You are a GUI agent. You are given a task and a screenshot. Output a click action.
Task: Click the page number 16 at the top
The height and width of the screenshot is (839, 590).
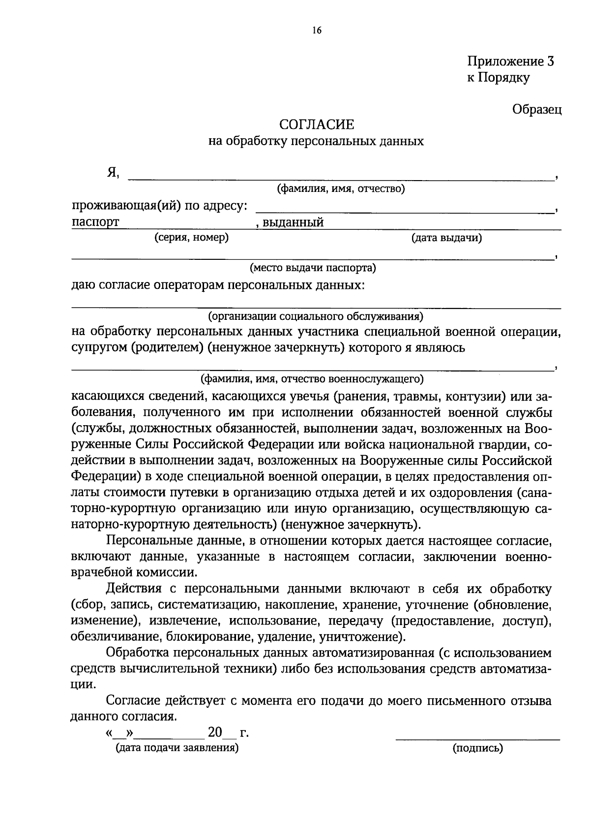click(316, 31)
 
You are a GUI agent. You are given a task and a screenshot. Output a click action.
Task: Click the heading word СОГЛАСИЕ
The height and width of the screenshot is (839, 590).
click(316, 124)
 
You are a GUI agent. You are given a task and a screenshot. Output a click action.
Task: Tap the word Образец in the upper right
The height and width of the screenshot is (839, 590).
click(537, 109)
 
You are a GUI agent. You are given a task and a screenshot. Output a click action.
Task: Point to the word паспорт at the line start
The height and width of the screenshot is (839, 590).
click(95, 222)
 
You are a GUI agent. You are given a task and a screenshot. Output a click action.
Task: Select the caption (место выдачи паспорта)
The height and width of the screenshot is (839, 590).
click(313, 268)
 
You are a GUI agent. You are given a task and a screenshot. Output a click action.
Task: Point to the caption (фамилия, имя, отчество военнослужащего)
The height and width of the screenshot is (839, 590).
click(312, 379)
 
